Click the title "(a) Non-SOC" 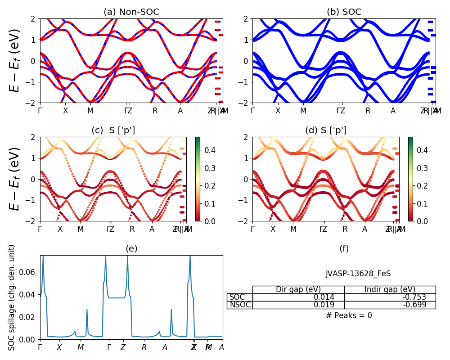(x=131, y=12)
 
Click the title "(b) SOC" (x=344, y=12)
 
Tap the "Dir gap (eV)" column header (x=298, y=289)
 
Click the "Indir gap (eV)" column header (x=390, y=289)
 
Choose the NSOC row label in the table (x=239, y=305)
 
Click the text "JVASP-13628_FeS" (x=358, y=274)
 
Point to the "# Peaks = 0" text (x=349, y=315)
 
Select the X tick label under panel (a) (x=65, y=111)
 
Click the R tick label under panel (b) (x=368, y=111)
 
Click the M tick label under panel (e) (x=81, y=347)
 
